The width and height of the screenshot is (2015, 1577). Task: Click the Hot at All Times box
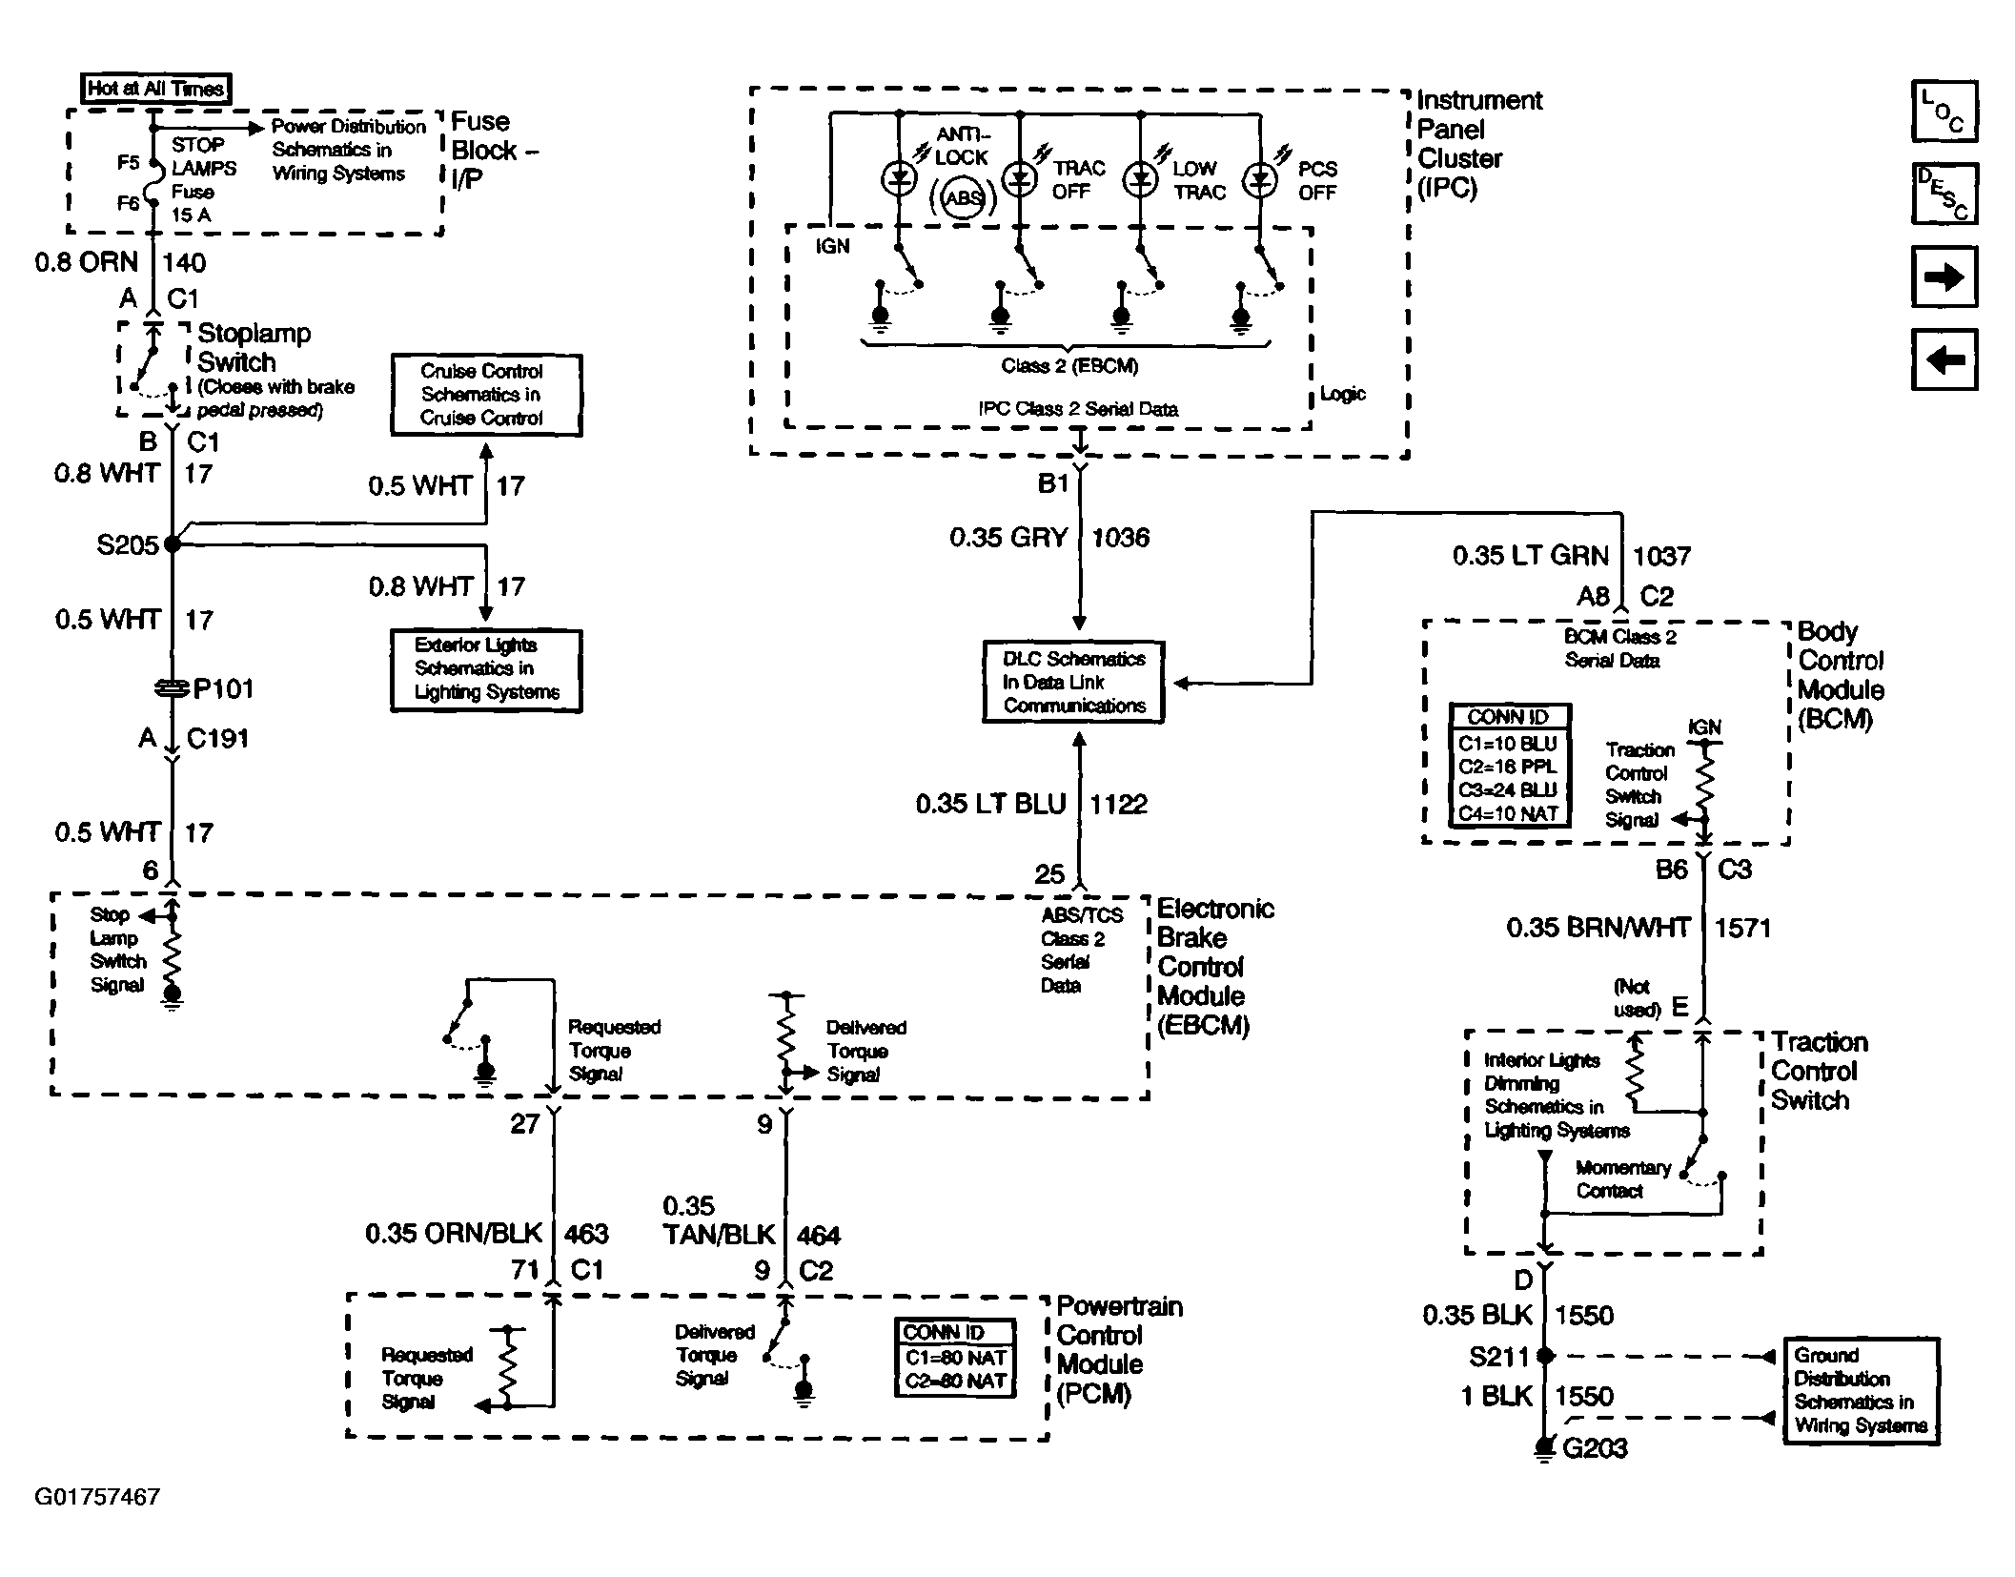point(156,89)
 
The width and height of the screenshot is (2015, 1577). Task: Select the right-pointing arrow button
point(1944,276)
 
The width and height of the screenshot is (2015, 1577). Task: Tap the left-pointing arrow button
point(1944,359)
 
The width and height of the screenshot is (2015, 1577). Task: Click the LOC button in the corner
point(1944,112)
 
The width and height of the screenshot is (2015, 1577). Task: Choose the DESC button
point(1944,194)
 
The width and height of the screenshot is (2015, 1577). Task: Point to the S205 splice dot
point(173,544)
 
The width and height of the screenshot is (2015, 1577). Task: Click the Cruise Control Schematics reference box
point(486,395)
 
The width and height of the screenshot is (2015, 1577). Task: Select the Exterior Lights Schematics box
point(486,670)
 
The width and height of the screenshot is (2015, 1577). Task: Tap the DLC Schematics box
point(1074,682)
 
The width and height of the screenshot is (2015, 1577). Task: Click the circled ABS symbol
point(963,198)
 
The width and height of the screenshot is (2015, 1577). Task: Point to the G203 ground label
point(1595,1448)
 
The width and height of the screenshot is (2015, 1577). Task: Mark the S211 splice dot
point(1546,1356)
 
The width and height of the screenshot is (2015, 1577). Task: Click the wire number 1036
point(1120,538)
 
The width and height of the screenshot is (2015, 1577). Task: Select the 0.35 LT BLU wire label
point(991,804)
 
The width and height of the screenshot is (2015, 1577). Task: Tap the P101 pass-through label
point(223,688)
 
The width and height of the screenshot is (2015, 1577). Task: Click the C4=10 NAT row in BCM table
point(1508,813)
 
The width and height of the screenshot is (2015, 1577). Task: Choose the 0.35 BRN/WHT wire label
point(1598,927)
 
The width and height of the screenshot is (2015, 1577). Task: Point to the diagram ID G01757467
point(97,1497)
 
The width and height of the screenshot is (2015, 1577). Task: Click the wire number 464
point(818,1236)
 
